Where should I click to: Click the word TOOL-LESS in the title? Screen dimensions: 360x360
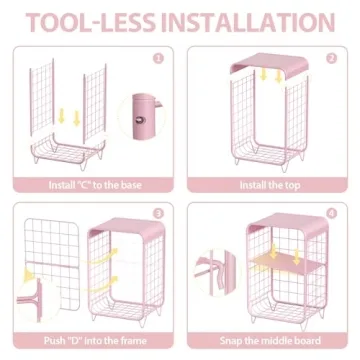[91, 22]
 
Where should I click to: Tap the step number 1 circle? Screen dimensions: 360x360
[158, 59]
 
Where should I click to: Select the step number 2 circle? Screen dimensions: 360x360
[332, 59]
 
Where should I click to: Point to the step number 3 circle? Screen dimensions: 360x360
[158, 213]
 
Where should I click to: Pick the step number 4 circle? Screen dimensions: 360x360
[332, 213]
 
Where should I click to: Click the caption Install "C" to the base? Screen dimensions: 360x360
[95, 185]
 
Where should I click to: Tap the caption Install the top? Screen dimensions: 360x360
[270, 185]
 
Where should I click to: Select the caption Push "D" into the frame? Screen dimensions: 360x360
[95, 341]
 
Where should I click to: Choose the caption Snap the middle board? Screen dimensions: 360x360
[270, 341]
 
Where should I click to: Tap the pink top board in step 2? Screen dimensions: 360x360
[269, 64]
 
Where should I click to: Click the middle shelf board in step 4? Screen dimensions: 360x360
[287, 263]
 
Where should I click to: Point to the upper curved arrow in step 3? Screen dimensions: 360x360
[104, 256]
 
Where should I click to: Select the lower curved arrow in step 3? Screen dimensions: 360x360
[104, 284]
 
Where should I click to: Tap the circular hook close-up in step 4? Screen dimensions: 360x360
[217, 273]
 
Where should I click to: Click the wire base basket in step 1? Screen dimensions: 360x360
[68, 151]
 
